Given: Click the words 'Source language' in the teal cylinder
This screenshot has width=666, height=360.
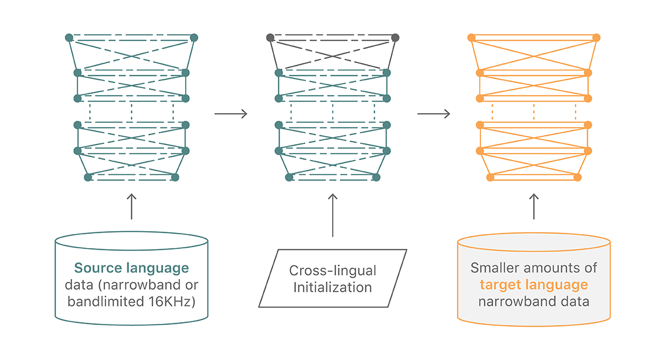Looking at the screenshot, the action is point(132,268).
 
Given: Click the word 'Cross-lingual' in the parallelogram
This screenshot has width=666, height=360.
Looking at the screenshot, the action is point(333,270).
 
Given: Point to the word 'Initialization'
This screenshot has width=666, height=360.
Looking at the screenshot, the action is point(333,288).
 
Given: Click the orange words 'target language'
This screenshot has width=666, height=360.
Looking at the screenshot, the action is point(534,285).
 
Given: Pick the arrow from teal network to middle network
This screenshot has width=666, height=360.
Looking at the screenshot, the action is point(231,114).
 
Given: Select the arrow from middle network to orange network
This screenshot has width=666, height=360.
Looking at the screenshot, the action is point(434,114).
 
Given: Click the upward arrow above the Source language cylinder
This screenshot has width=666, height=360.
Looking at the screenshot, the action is point(132,207).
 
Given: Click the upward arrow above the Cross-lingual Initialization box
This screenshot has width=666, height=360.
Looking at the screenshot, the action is point(333,215).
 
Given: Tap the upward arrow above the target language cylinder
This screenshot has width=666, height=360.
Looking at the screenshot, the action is point(534,207).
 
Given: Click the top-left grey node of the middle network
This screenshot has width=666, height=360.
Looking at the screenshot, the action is point(270,38).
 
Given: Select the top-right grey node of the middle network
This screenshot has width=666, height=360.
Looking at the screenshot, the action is point(395,38).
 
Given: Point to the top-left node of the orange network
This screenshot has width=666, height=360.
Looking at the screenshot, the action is point(472,38).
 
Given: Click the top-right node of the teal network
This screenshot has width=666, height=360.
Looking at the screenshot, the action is point(194,38).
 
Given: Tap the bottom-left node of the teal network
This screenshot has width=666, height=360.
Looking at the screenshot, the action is point(88,177).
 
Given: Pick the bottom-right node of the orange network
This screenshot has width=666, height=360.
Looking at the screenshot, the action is point(577,177).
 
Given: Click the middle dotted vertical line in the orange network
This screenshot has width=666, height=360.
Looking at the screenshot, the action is point(534,111).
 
